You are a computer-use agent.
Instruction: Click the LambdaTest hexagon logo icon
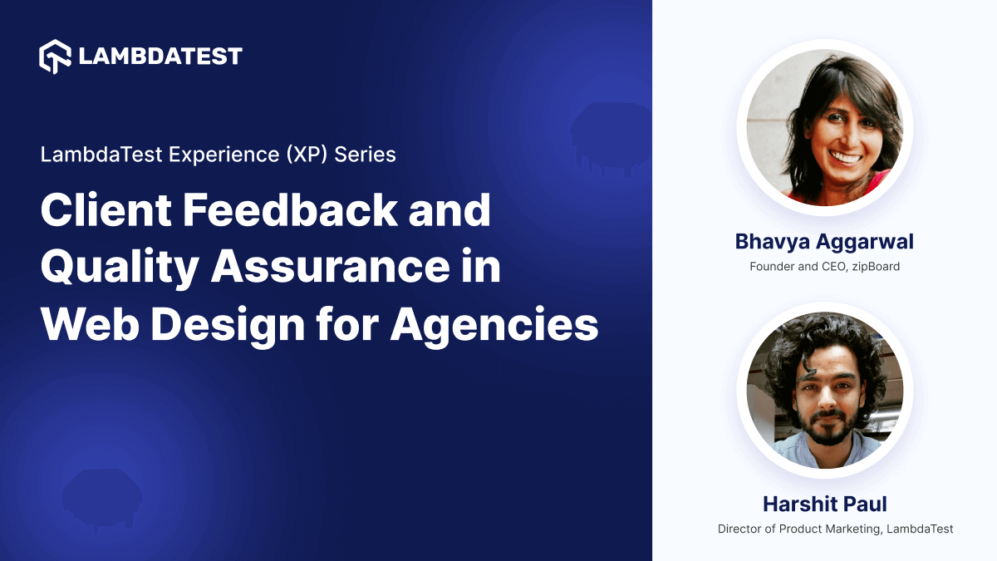coord(56,56)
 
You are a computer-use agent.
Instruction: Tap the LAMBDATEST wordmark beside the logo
coord(160,57)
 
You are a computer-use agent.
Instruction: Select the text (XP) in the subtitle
coord(298,155)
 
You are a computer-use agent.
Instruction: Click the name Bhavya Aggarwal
coord(824,242)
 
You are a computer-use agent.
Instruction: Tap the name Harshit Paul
coord(824,504)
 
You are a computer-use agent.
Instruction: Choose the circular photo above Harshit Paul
coord(824,389)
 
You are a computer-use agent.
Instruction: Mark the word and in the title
coord(454,211)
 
